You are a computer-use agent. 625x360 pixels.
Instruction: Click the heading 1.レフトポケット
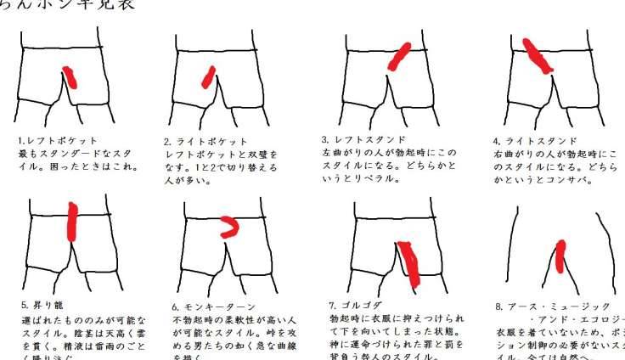(x=58, y=140)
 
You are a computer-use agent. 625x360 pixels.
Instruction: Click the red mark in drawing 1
(x=71, y=77)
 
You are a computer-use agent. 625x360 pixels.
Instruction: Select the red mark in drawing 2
(x=208, y=77)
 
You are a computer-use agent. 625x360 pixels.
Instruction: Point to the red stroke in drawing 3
(x=399, y=55)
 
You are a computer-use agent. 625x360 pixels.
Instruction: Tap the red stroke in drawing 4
(x=535, y=56)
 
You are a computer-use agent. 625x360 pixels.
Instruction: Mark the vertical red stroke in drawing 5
(x=73, y=222)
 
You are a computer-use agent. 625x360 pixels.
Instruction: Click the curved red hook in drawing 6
(x=229, y=226)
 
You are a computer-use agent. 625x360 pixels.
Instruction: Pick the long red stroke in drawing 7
(x=411, y=263)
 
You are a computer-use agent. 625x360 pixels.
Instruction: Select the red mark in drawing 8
(x=560, y=256)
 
